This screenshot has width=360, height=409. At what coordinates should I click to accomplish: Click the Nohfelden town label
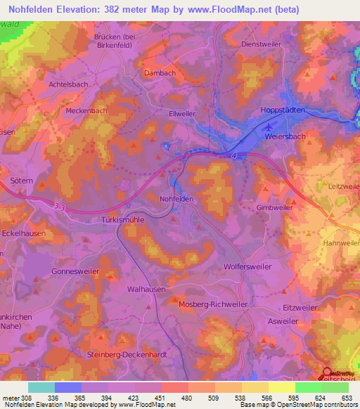(176, 199)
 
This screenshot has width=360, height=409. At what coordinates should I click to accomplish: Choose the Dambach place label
(160, 72)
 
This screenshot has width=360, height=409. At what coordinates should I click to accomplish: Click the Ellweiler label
(181, 113)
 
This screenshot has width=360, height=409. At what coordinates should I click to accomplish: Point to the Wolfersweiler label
(249, 267)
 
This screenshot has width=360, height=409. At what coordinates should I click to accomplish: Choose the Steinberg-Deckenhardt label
(127, 355)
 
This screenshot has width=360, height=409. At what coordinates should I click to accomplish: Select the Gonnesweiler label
(75, 271)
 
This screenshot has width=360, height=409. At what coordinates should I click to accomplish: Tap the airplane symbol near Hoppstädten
(269, 127)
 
